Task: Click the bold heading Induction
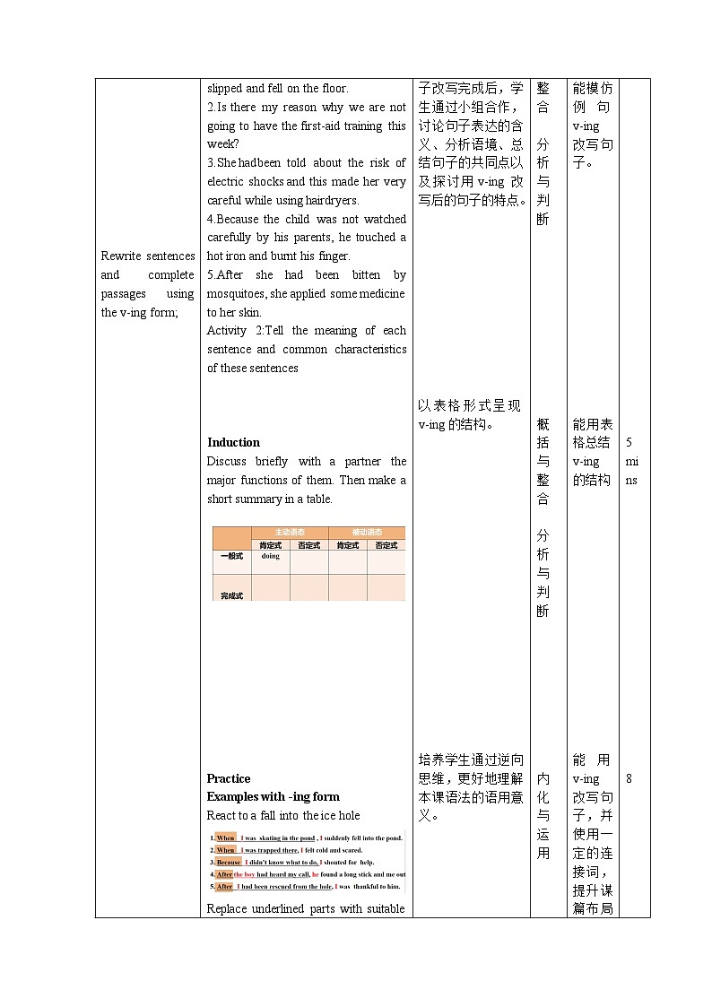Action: pyautogui.click(x=233, y=442)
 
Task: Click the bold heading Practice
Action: pyautogui.click(x=229, y=778)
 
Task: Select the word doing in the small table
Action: pyautogui.click(x=270, y=556)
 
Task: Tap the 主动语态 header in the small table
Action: pyautogui.click(x=289, y=533)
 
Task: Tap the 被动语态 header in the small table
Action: pyautogui.click(x=367, y=533)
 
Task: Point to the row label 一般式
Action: pyautogui.click(x=231, y=556)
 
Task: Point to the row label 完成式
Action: pyautogui.click(x=231, y=595)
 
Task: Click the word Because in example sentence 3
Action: pyautogui.click(x=229, y=862)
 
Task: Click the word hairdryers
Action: pyautogui.click(x=330, y=200)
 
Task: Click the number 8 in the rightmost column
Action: pyautogui.click(x=629, y=778)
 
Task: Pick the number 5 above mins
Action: pyautogui.click(x=629, y=442)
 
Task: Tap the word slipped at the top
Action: pyautogui.click(x=224, y=88)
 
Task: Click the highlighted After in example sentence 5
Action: pyautogui.click(x=224, y=886)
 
